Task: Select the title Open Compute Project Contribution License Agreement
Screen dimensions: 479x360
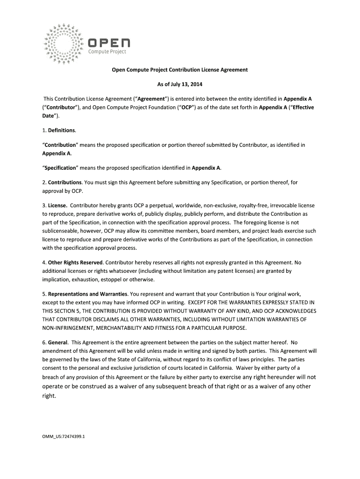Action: [179, 70]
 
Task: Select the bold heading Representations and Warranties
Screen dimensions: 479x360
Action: [87, 294]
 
